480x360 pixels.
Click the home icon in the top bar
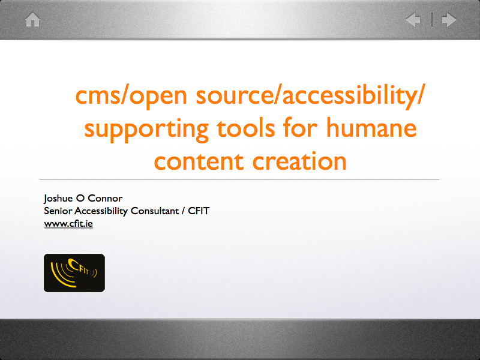(x=32, y=20)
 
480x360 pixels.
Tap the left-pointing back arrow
(x=413, y=20)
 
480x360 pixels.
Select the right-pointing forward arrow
(x=449, y=20)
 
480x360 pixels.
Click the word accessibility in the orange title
(x=351, y=95)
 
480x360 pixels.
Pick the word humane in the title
(x=371, y=127)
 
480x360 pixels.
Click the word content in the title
(x=199, y=161)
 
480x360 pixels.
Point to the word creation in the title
(x=299, y=161)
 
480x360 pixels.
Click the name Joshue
(x=58, y=199)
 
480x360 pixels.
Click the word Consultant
(x=155, y=211)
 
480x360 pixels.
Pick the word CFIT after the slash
(x=199, y=211)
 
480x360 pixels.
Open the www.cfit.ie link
(x=68, y=224)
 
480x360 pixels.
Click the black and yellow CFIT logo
(x=74, y=273)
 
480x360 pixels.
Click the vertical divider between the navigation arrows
(x=432, y=20)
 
